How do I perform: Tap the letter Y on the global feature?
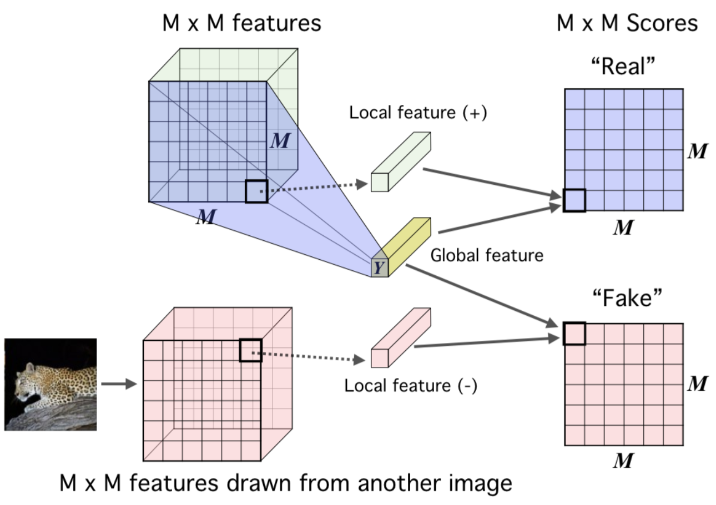(379, 268)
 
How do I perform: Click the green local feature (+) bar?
(400, 161)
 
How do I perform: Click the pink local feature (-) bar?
(400, 337)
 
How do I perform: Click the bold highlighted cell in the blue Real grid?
(574, 200)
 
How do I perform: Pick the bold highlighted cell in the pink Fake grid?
(574, 334)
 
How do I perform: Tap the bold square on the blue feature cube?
(256, 191)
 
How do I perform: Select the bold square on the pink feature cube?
(250, 351)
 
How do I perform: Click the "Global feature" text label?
(486, 255)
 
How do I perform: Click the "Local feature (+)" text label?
(417, 113)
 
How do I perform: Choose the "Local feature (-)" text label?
(410, 385)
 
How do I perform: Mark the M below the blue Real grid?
(623, 228)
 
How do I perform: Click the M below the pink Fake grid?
(623, 461)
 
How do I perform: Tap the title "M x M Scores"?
(627, 23)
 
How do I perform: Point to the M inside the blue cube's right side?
(280, 141)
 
